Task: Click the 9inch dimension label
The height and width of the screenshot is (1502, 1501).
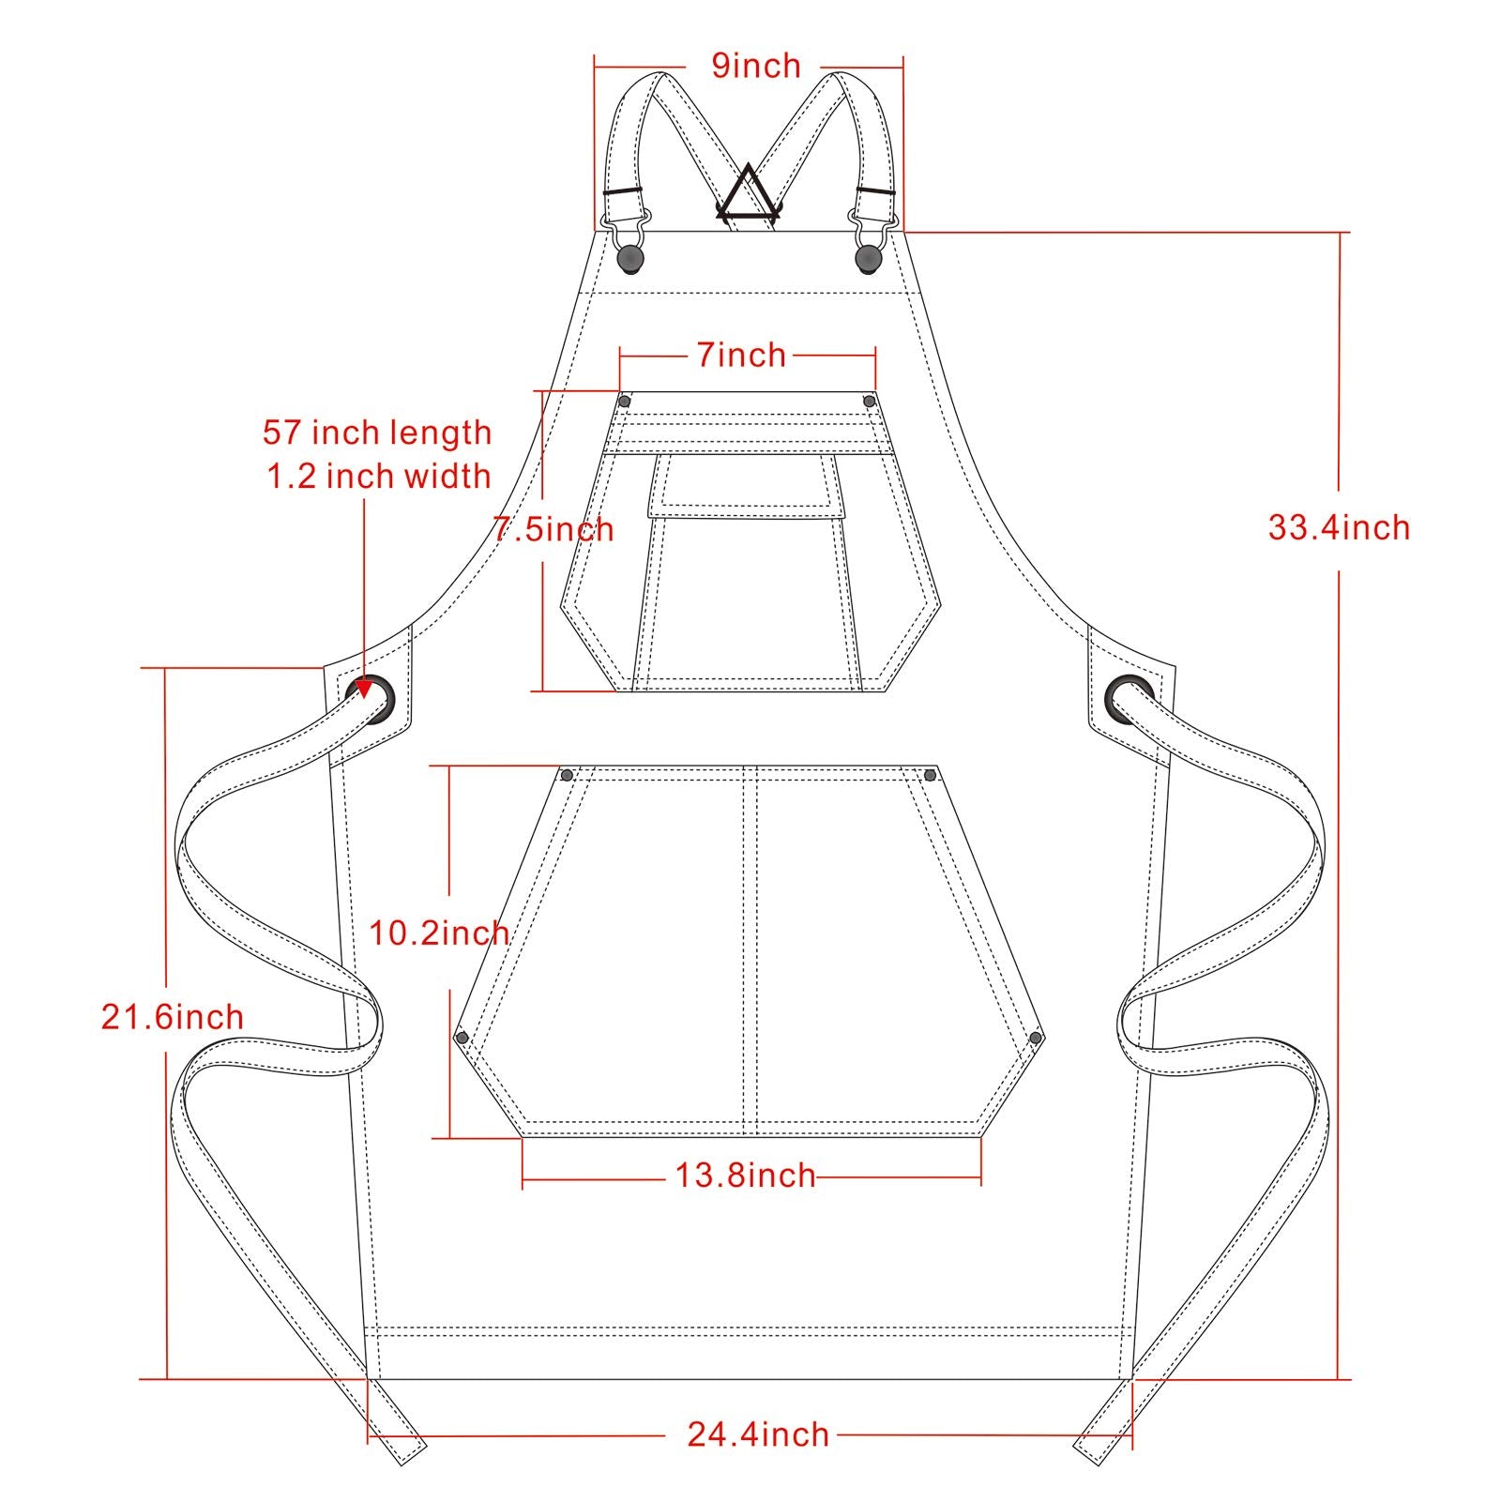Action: coord(756,66)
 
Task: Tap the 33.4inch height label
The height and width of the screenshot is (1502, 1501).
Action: coord(1339,527)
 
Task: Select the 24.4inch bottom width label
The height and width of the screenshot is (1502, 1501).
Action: coord(758,1434)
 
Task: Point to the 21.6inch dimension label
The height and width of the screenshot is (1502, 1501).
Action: coord(173,1017)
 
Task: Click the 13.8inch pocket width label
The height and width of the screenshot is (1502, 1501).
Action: coord(746,1175)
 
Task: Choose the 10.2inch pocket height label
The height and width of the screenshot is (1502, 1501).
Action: coord(439,933)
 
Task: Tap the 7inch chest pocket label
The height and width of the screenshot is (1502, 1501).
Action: coord(741,355)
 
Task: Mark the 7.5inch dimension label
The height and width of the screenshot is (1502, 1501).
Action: coord(554,529)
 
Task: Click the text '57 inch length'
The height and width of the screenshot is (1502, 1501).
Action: coord(377,432)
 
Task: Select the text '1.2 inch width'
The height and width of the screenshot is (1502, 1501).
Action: coord(379,476)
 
